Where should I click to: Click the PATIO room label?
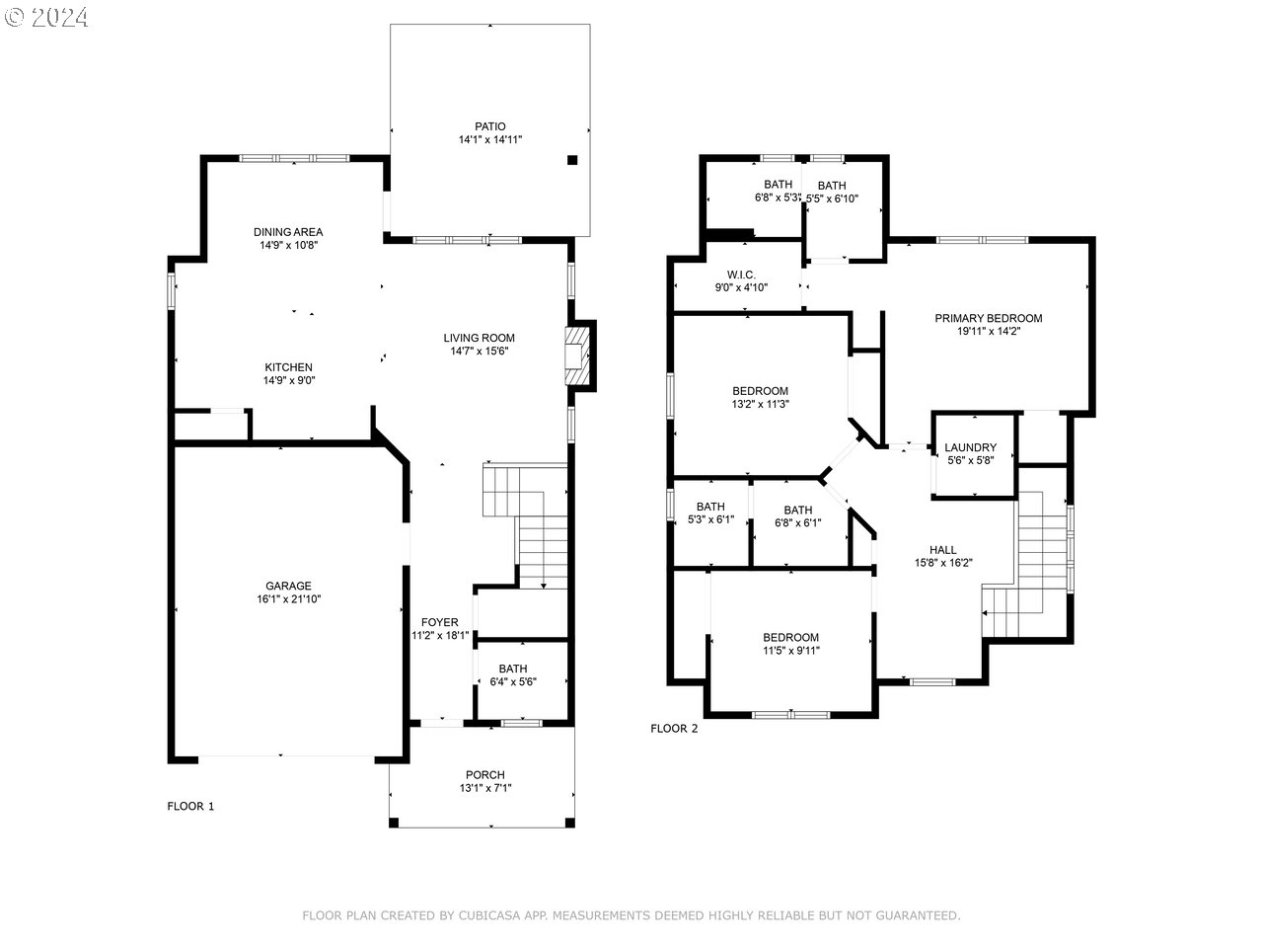pyautogui.click(x=489, y=126)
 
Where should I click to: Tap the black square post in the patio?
pyautogui.click(x=572, y=160)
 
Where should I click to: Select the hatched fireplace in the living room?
pyautogui.click(x=577, y=356)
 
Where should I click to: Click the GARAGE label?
pyautogui.click(x=288, y=586)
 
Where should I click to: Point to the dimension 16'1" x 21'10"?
pyautogui.click(x=288, y=598)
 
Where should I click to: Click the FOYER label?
pyautogui.click(x=440, y=622)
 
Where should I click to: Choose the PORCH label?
pyautogui.click(x=485, y=775)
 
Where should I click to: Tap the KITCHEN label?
pyautogui.click(x=288, y=367)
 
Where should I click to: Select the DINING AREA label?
pyautogui.click(x=288, y=232)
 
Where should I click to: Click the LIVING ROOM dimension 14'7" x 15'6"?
pyautogui.click(x=479, y=352)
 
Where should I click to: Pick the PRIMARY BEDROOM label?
pyautogui.click(x=988, y=318)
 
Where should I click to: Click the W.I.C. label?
pyautogui.click(x=741, y=275)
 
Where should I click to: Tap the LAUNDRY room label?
pyautogui.click(x=970, y=447)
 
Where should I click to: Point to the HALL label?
pyautogui.click(x=943, y=550)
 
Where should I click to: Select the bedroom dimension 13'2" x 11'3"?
pyautogui.click(x=760, y=404)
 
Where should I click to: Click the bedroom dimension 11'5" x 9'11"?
pyautogui.click(x=791, y=651)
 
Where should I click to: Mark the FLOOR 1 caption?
pyautogui.click(x=190, y=806)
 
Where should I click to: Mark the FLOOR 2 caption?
pyautogui.click(x=674, y=728)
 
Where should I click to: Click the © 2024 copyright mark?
pyautogui.click(x=45, y=17)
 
